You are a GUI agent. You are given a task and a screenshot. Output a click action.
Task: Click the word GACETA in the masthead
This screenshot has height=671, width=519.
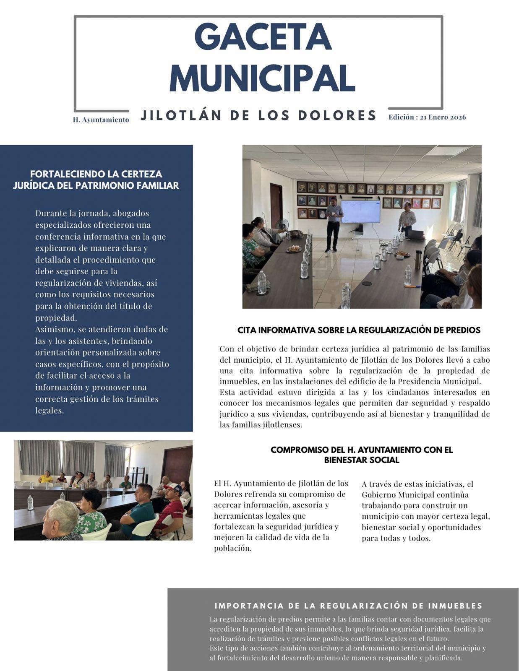point(263,37)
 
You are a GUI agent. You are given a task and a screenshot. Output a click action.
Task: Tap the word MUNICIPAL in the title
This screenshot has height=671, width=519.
point(262,78)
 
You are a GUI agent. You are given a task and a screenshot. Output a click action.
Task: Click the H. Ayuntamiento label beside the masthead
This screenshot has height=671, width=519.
point(101,120)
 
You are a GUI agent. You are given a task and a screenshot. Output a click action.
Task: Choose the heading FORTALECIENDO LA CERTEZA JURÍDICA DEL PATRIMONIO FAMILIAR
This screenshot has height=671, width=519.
point(96,179)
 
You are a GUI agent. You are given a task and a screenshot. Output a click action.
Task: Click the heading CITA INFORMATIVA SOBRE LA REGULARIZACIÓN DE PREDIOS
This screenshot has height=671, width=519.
point(359,330)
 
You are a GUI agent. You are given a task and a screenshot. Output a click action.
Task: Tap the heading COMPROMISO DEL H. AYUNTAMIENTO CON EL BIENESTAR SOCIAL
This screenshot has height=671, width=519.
point(361,455)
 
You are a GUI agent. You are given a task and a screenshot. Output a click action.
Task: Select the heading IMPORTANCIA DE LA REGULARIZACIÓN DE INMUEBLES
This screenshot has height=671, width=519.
point(348,606)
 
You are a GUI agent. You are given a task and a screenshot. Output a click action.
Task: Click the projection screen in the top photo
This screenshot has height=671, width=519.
point(360,211)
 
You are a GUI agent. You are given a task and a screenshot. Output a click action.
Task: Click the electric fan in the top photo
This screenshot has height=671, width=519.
point(283,224)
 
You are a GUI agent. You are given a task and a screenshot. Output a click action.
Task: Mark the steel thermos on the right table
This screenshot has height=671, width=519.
point(417,259)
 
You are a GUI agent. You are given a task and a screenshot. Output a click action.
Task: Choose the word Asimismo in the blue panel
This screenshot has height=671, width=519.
point(54,329)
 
